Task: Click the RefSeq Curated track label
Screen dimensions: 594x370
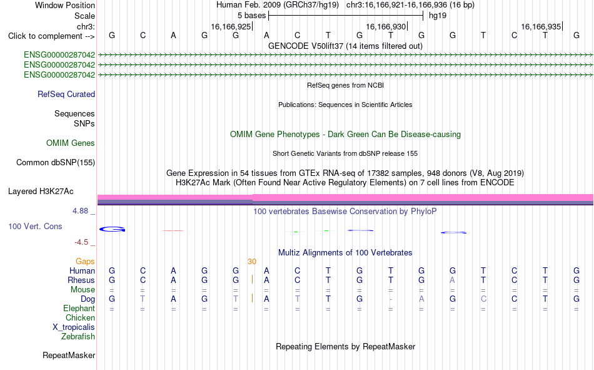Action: click(x=66, y=94)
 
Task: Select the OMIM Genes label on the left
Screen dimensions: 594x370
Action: click(x=71, y=143)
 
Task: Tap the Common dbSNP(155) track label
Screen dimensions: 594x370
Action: click(x=56, y=162)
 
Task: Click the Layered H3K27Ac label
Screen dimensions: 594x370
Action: click(x=41, y=192)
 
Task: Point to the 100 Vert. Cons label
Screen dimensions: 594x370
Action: click(x=35, y=226)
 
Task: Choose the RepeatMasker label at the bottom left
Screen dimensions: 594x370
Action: click(x=69, y=355)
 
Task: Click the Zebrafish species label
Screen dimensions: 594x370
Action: click(x=78, y=337)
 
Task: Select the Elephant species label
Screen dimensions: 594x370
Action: click(x=79, y=309)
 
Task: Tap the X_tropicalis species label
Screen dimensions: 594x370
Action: click(x=74, y=327)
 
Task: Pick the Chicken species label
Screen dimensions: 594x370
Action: click(x=80, y=317)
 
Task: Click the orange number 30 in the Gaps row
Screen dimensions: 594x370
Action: click(x=252, y=262)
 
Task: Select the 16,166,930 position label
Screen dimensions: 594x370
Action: click(x=386, y=26)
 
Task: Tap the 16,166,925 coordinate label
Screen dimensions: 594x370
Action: click(x=231, y=26)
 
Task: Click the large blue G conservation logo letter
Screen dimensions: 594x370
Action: click(x=112, y=229)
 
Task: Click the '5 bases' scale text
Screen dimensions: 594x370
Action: click(x=251, y=16)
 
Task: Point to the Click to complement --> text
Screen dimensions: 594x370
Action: click(x=51, y=36)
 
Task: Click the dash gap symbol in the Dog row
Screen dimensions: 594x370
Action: click(x=391, y=299)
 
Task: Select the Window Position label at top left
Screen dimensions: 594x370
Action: click(x=65, y=5)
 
